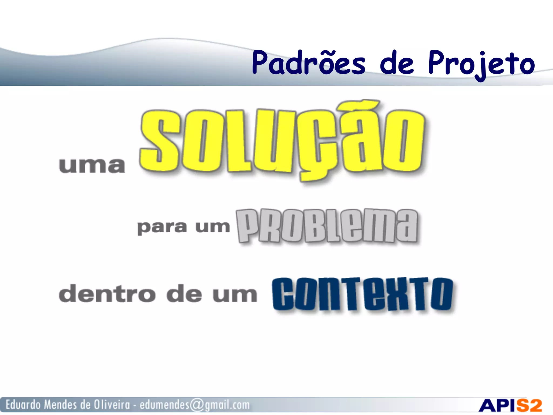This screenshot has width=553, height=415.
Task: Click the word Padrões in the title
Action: click(309, 63)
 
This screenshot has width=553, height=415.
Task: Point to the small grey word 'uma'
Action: click(92, 165)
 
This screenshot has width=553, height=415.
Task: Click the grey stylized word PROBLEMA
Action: click(327, 226)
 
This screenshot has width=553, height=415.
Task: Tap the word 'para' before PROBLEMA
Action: click(162, 227)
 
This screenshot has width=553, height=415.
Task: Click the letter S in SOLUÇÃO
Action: click(159, 140)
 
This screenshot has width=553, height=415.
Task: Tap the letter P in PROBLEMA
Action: click(247, 226)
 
